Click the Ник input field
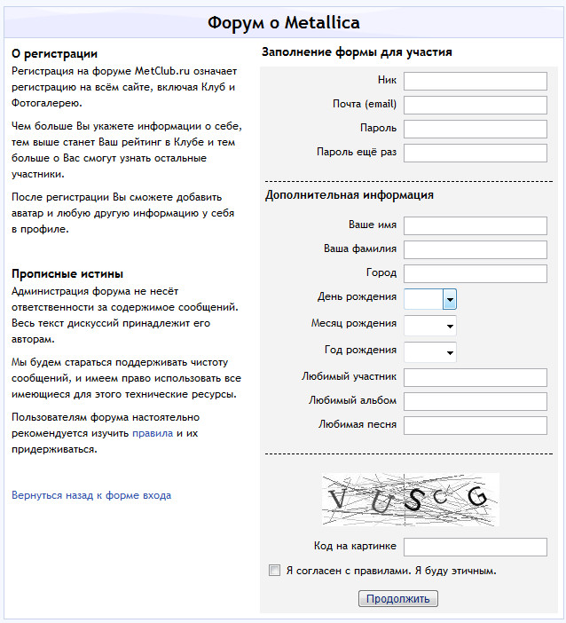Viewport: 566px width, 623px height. [475, 82]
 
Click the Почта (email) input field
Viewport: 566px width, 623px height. [475, 106]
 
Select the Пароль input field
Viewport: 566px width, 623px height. [475, 130]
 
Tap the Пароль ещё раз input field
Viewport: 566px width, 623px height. [475, 154]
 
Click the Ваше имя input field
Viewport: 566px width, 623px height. [475, 225]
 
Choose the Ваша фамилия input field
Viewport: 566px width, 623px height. [475, 249]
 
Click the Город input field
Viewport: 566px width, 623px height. [475, 273]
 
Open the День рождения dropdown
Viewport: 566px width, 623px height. [430, 298]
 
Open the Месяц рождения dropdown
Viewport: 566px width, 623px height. [430, 325]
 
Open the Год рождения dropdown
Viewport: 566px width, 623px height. [430, 352]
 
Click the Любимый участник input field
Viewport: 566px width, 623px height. [475, 378]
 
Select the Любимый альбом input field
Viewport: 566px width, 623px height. [475, 402]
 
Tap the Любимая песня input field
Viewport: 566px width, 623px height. [475, 426]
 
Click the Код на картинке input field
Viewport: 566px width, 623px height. [475, 547]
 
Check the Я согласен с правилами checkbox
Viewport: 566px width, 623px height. [275, 571]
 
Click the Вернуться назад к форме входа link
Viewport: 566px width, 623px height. [91, 495]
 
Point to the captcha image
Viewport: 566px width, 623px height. [410, 500]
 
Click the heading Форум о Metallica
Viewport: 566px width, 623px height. [283, 23]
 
